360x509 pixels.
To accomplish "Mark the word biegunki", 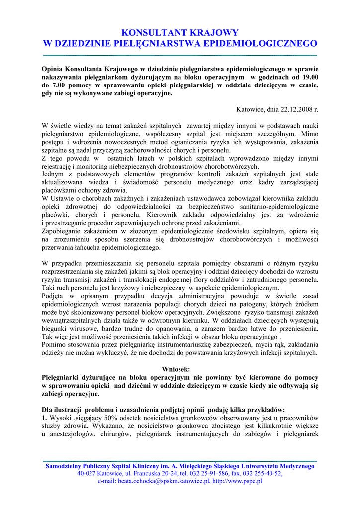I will pos(55,329).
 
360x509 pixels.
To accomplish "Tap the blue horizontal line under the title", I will pos(180,55).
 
